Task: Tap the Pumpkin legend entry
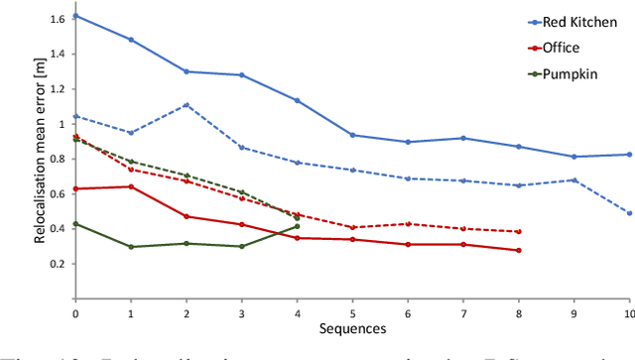coord(570,73)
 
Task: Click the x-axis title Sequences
coord(353,326)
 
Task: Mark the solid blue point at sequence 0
coord(75,16)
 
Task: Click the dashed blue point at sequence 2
coord(187,104)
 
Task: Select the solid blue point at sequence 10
coord(629,154)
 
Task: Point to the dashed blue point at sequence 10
coord(629,212)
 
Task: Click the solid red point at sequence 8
coord(519,250)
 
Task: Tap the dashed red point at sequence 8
coord(519,231)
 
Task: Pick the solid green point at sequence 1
coord(131,246)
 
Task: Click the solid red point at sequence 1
coord(131,186)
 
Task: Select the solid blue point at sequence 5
coord(352,135)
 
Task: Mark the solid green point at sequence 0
coord(75,223)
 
